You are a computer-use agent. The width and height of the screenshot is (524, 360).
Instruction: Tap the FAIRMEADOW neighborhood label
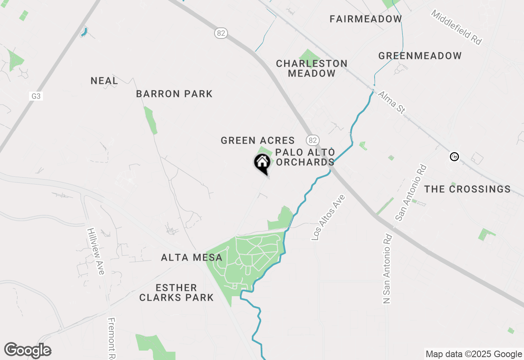point(366,19)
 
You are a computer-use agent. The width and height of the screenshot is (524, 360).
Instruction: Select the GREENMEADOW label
point(420,56)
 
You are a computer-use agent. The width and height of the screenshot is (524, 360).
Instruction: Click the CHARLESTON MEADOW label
point(312,68)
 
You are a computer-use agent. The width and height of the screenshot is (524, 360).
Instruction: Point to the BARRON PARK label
point(174,94)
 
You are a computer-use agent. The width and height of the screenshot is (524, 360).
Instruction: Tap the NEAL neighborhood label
point(104,81)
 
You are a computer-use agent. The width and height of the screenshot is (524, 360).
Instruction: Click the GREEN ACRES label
point(257,140)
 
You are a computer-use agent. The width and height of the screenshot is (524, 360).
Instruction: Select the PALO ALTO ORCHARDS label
point(305,157)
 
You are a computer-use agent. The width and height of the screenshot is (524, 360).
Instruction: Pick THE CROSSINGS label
point(467,189)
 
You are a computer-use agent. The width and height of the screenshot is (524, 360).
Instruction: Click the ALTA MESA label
point(192,257)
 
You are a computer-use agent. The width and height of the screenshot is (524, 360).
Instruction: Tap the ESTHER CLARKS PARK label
point(176,292)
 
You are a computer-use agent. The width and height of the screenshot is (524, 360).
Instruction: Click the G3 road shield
point(36,96)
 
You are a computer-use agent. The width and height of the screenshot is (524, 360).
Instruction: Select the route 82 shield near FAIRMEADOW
point(221,33)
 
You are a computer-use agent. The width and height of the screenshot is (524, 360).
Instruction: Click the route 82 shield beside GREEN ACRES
point(313,140)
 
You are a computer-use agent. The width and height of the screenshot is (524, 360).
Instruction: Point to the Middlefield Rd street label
point(456,27)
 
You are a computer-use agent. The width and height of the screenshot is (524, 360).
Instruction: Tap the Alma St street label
point(391,102)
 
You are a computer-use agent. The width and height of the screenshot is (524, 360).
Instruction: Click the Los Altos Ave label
point(328,217)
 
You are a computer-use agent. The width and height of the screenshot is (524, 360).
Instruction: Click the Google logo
point(27,350)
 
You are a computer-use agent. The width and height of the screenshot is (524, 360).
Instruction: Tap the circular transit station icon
point(454,156)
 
